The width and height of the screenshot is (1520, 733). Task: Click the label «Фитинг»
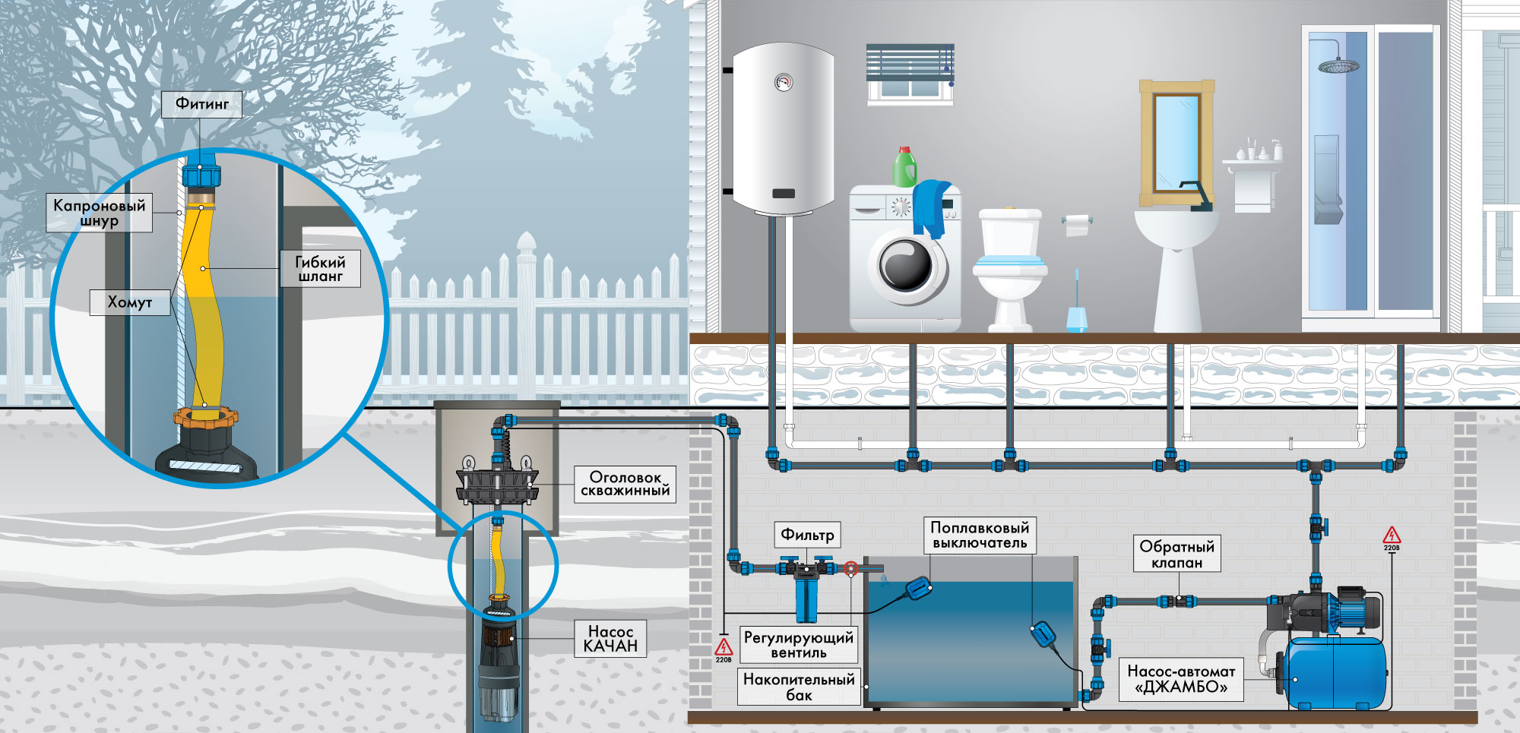tap(201, 104)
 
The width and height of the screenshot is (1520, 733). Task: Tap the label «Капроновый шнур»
tap(99, 213)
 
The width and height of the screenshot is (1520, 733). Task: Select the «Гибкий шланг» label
tap(320, 269)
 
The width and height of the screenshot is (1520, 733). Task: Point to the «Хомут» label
tap(129, 302)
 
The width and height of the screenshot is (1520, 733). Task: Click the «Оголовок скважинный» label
tap(625, 484)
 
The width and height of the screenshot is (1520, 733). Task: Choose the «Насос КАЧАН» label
tap(610, 638)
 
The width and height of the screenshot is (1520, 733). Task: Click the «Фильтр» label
tap(807, 535)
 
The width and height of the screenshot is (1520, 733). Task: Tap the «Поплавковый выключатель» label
tap(980, 535)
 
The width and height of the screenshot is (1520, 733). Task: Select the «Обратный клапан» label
tap(1176, 554)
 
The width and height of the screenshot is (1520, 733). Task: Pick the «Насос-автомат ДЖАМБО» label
tap(1181, 679)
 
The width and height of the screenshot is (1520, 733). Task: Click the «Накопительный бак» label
tap(799, 687)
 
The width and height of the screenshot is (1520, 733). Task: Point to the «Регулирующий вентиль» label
tap(798, 644)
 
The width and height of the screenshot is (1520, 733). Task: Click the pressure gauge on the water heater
tap(784, 82)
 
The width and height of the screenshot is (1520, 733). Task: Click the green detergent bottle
tap(904, 167)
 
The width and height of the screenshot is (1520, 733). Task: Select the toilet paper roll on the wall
tap(1077, 225)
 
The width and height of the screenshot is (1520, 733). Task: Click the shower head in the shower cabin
tap(1338, 65)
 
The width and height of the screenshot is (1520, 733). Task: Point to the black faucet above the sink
tap(1198, 196)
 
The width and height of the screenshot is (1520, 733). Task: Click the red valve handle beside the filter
tap(851, 567)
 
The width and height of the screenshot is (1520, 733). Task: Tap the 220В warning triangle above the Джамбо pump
tap(1392, 536)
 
